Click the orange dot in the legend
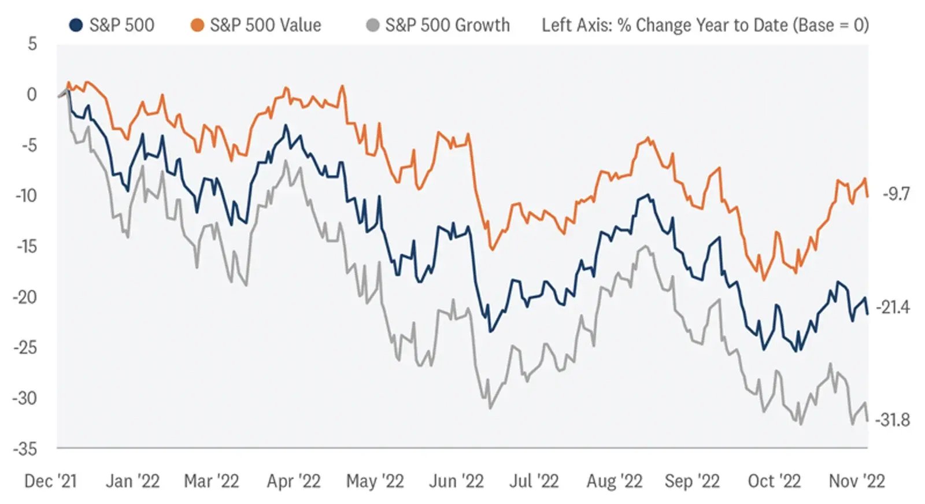pos(197,25)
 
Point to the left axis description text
pos(705,25)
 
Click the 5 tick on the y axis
pos(32,44)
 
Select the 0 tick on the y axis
pos(32,94)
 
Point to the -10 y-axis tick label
pos(27,195)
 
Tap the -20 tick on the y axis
pos(25,297)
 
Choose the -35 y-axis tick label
pos(25,449)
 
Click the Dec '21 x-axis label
pos(50,481)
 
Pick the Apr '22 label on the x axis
pos(293,481)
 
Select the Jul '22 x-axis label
pos(534,481)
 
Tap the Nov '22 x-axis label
pos(857,481)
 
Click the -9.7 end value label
pos(896,194)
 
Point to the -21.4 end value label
pos(893,307)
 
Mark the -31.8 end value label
pos(893,420)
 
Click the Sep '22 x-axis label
pos(692,481)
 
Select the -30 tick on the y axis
pos(25,398)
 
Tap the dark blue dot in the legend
pos(76,25)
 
